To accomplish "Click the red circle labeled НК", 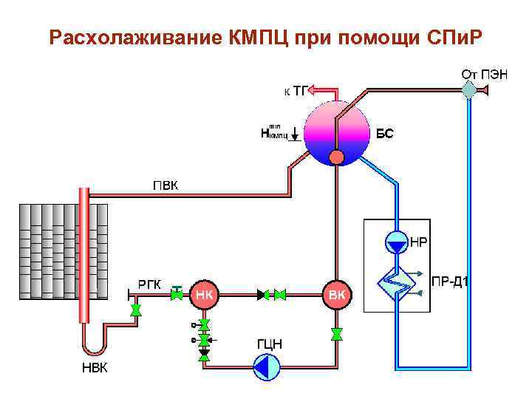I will [205, 295].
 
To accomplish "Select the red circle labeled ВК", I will [337, 295].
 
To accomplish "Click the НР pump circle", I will [397, 242].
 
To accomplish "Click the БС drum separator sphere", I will [337, 131].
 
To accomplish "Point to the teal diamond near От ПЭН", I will [468, 91].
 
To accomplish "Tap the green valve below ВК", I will [337, 334].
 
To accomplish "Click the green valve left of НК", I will [177, 294].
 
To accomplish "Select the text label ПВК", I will [165, 185].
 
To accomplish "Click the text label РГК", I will [152, 284].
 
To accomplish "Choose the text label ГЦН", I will [269, 344].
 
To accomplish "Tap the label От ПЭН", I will [484, 74].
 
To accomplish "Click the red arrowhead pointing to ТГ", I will [313, 90].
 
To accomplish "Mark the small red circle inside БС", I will [337, 157].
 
